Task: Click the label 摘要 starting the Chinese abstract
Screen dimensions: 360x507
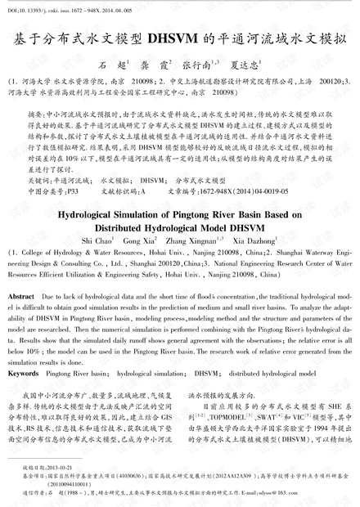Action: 35,114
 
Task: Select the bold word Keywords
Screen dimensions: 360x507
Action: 21,372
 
